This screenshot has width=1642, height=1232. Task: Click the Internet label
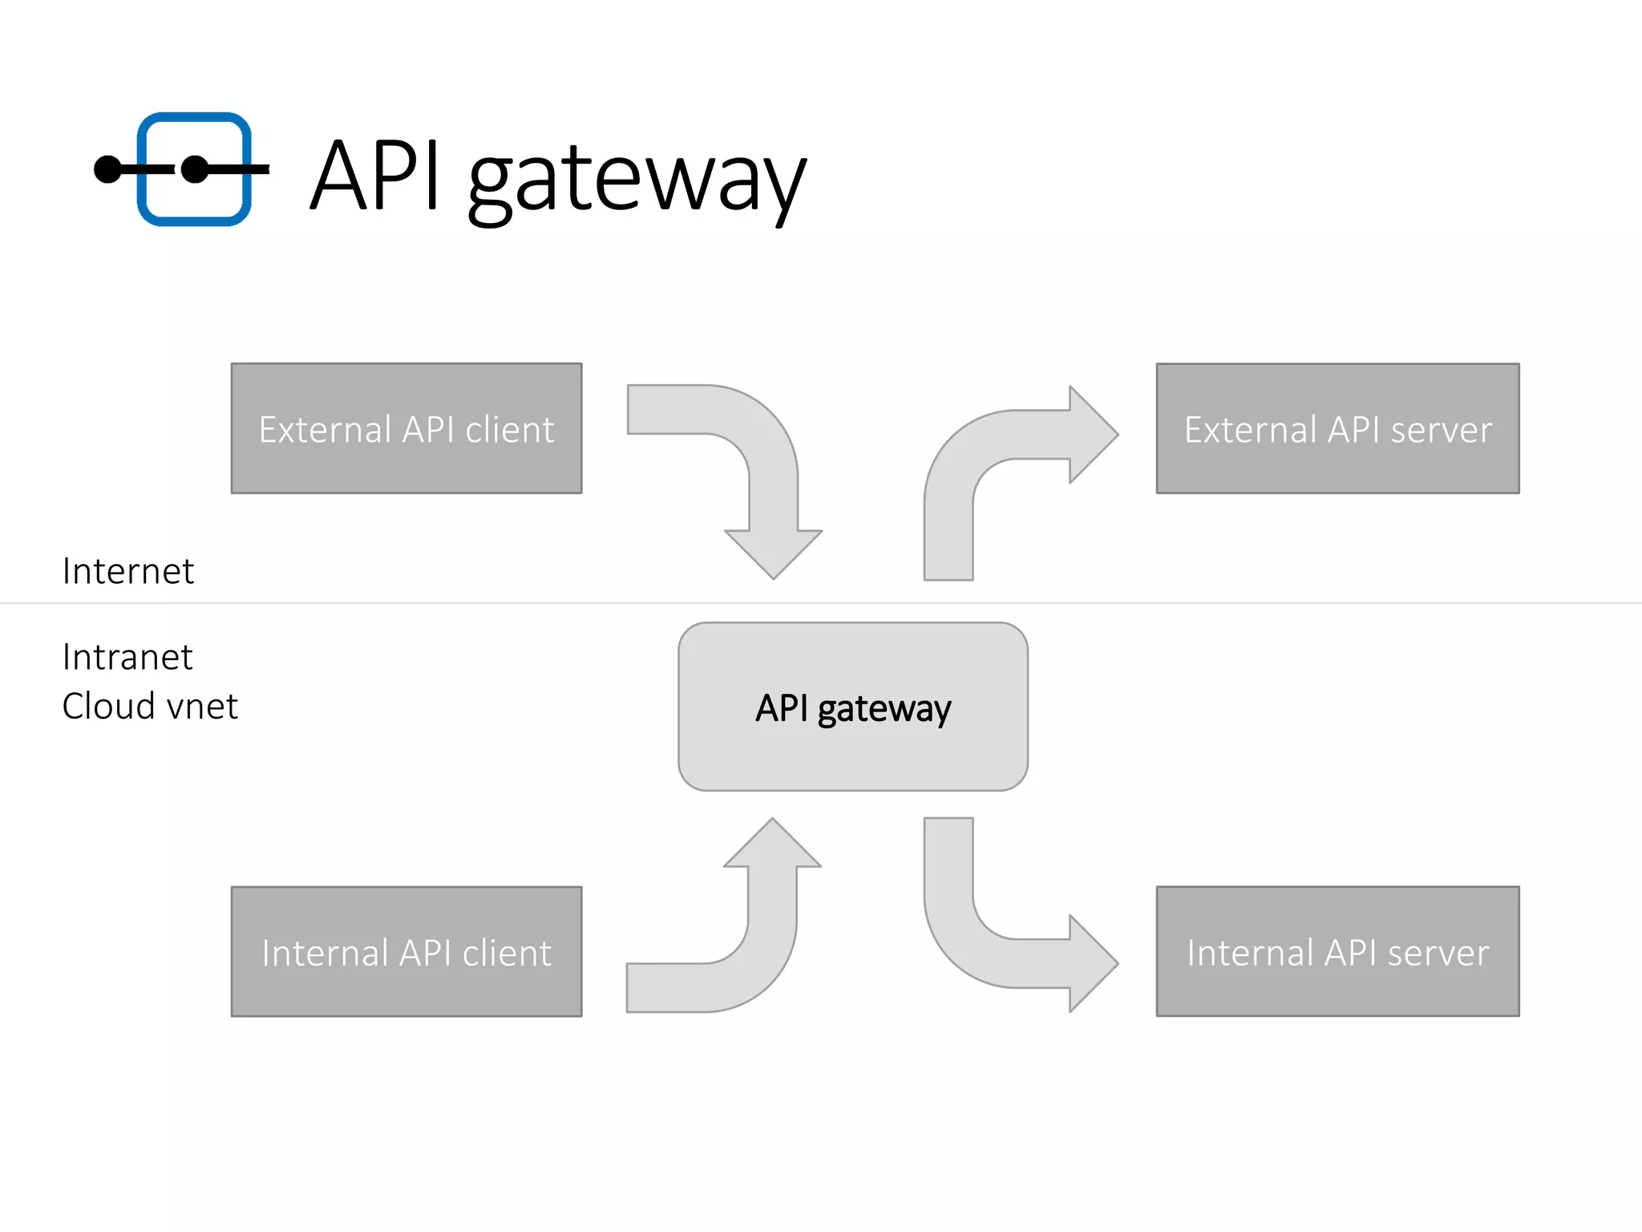(x=128, y=572)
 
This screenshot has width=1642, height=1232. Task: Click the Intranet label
(x=127, y=658)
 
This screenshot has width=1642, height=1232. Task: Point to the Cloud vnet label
(x=150, y=707)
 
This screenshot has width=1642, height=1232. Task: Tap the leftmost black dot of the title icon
(x=107, y=169)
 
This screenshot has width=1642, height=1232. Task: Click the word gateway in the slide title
(x=637, y=178)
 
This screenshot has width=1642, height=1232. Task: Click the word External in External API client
(x=325, y=431)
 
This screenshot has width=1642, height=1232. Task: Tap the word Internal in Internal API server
(x=1250, y=954)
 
